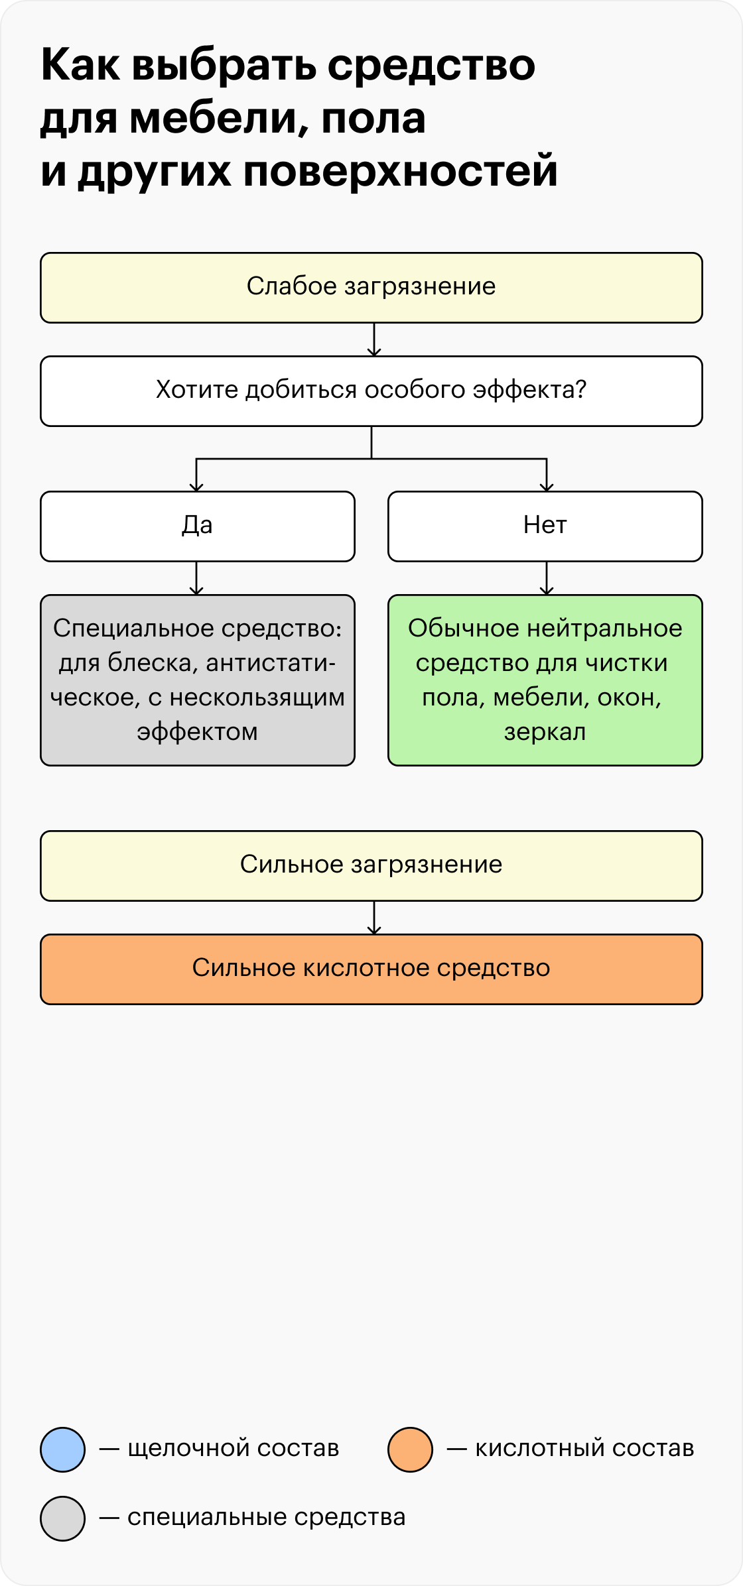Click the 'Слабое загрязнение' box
coord(371,288)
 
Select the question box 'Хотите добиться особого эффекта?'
coord(371,391)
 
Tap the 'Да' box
coord(198,526)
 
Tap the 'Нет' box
coord(545,526)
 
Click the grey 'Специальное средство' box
coord(198,680)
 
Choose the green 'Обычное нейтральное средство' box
coord(545,680)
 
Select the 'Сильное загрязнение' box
coord(371,866)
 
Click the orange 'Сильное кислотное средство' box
coord(371,969)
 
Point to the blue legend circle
coord(63,1449)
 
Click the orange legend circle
coord(411,1449)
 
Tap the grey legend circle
coord(63,1518)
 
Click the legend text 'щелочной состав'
coord(233,1449)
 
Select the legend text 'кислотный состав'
coord(584,1449)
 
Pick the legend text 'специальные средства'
coord(266,1518)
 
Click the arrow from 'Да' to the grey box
coord(196,578)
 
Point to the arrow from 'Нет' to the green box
coord(547,578)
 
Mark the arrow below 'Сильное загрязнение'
coord(374,918)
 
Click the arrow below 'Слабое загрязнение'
coord(374,339)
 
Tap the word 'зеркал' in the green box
coord(545,733)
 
